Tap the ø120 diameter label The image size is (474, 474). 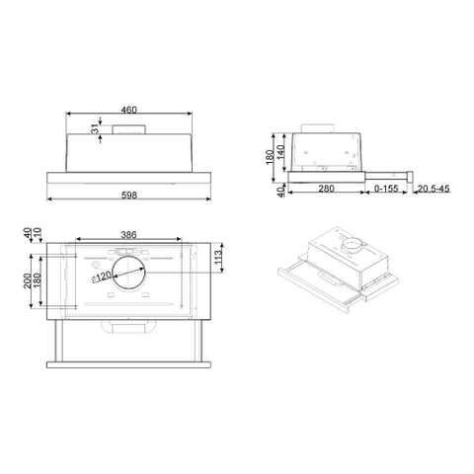pyautogui.click(x=100, y=280)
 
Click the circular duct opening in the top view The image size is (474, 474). pyautogui.click(x=126, y=271)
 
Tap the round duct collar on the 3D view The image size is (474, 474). pyautogui.click(x=348, y=241)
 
